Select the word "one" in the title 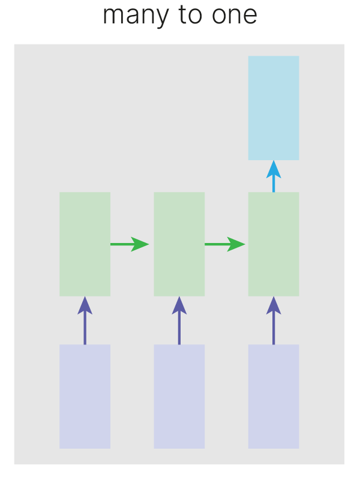(x=236, y=16)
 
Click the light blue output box (x=274, y=108)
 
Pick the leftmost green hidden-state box (x=85, y=244)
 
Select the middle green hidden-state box (x=179, y=244)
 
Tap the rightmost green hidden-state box (x=274, y=244)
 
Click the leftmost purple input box (x=85, y=396)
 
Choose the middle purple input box (x=179, y=396)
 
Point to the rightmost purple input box (x=274, y=396)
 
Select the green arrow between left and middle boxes (x=128, y=244)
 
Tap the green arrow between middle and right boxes (x=224, y=244)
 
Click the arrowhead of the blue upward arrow (x=274, y=169)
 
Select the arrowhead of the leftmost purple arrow (x=85, y=305)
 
